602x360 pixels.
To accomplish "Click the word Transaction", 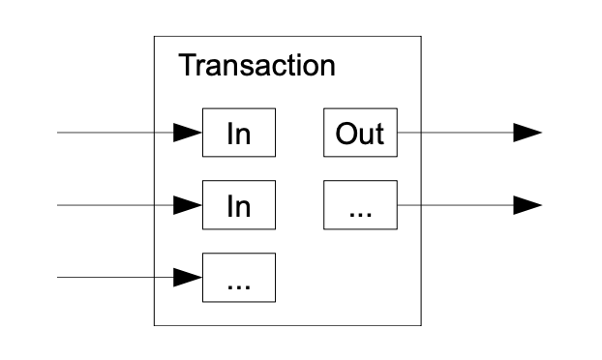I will (x=256, y=66).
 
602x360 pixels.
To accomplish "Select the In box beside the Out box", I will (x=238, y=133).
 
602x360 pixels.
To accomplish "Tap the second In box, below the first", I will (x=238, y=205).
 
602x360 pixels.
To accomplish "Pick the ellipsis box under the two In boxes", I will (x=238, y=278).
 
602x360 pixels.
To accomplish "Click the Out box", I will (x=359, y=133).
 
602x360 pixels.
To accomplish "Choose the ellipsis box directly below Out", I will (x=359, y=205).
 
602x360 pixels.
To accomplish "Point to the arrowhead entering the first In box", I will (x=188, y=133).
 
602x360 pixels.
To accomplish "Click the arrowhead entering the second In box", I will (x=188, y=205).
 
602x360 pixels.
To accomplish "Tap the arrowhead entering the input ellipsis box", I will (x=188, y=278).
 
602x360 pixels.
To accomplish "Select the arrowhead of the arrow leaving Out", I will (x=527, y=133).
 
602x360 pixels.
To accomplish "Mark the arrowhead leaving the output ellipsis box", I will (x=527, y=205).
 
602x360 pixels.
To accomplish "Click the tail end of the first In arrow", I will (x=59, y=133).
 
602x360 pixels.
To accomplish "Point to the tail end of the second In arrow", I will (x=59, y=205).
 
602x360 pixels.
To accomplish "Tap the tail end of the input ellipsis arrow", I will (x=59, y=278).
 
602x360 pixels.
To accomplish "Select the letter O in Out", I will (x=346, y=133).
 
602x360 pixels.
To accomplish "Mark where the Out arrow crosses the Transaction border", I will (x=421, y=133).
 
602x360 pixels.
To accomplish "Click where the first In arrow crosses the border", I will (x=155, y=133).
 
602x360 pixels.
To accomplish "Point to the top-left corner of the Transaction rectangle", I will (x=155, y=37).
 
